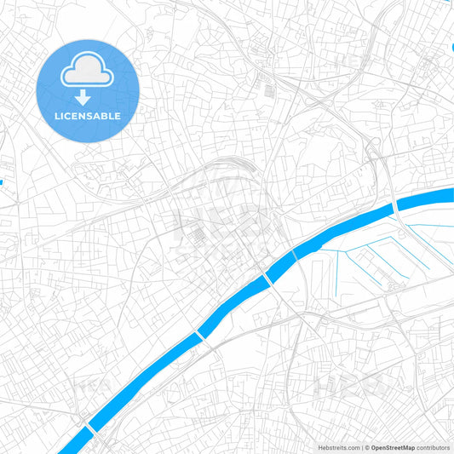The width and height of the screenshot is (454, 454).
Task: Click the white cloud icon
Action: pos(88,71)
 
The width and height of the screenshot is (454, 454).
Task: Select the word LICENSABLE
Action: pos(89,116)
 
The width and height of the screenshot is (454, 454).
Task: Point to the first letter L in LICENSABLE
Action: pos(58,116)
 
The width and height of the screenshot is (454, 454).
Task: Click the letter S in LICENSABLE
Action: pos(91,116)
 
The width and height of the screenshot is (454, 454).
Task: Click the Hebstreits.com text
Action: pos(339,447)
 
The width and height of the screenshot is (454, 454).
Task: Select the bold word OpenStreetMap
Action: pos(393,447)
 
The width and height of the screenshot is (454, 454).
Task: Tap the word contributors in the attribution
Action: pos(433,447)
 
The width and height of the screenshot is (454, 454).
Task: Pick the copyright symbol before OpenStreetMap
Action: pos(367,447)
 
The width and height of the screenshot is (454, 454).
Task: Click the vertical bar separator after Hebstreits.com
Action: pos(361,447)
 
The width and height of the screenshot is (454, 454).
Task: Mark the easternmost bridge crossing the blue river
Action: pos(396,206)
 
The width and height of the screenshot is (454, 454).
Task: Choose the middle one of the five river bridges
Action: pos(267,279)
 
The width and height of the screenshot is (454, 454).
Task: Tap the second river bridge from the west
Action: pos(202,334)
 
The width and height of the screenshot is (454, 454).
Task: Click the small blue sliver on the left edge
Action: pos(2,181)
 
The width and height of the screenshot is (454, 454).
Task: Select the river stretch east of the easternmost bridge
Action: pos(426,201)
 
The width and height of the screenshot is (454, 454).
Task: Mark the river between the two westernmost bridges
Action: pos(145,381)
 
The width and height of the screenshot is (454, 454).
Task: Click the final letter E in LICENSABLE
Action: pos(118,116)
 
